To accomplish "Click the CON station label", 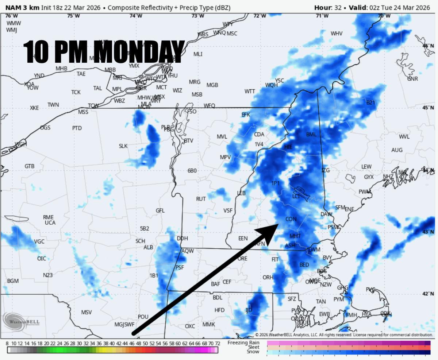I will pyautogui.click(x=291, y=219).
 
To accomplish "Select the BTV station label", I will pyautogui.click(x=188, y=140).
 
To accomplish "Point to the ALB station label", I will pyautogui.click(x=148, y=247).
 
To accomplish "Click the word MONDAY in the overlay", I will pyautogui.click(x=141, y=51).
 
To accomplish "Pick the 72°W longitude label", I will pyautogui.click(x=260, y=16).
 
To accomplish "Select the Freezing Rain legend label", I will pyautogui.click(x=243, y=342).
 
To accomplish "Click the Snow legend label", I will pyautogui.click(x=253, y=352).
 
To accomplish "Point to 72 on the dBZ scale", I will pyautogui.click(x=217, y=344).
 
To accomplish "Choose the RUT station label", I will pyautogui.click(x=201, y=199).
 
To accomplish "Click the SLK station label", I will pyautogui.click(x=123, y=146).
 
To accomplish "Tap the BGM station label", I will pyautogui.click(x=13, y=281).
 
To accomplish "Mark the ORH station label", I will pyautogui.click(x=268, y=278).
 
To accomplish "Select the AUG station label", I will pyautogui.click(x=397, y=150).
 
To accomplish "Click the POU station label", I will pyautogui.click(x=143, y=317).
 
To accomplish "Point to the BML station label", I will pyautogui.click(x=311, y=135).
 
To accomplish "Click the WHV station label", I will pyautogui.click(x=337, y=34).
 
